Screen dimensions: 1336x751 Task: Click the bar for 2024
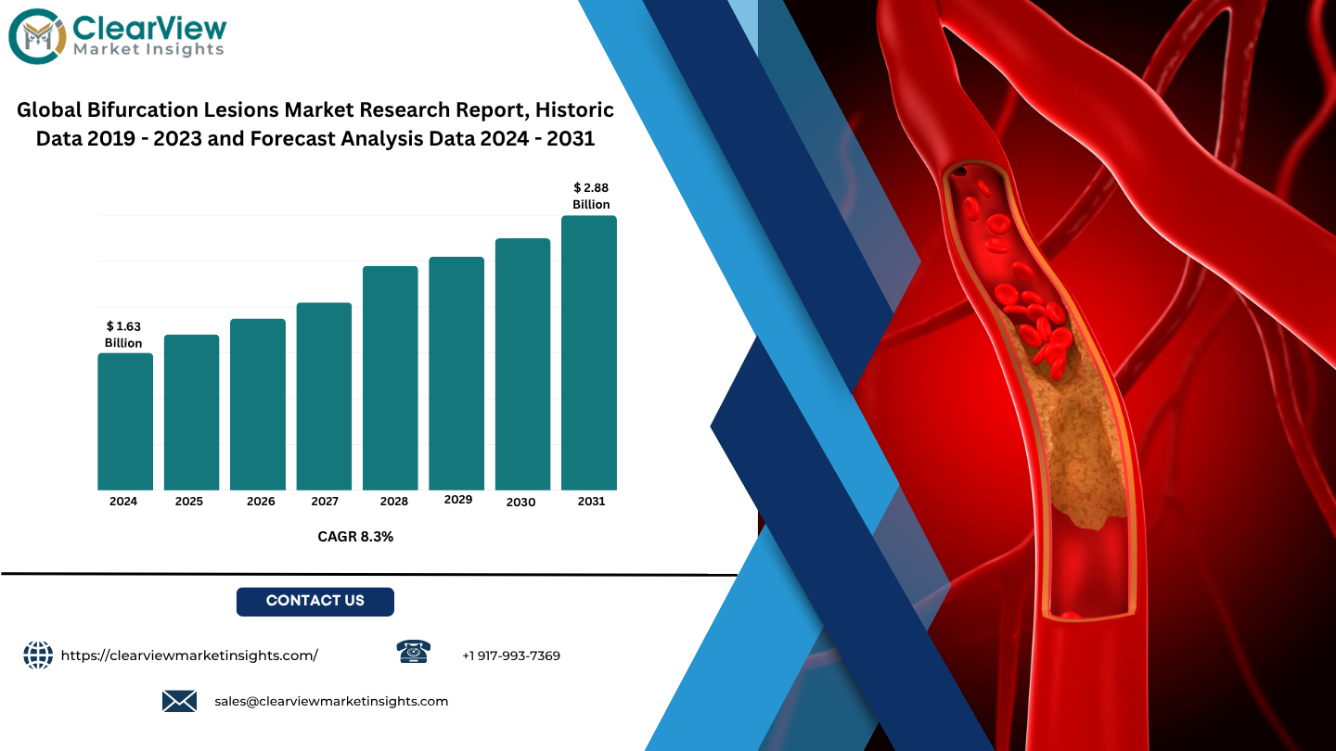tap(125, 421)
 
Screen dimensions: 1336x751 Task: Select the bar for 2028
tap(390, 378)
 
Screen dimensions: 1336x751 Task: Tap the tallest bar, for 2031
tap(588, 353)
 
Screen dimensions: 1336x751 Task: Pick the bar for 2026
tap(258, 404)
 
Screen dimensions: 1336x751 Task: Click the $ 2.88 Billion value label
tap(591, 197)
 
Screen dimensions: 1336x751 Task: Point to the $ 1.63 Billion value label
tap(123, 335)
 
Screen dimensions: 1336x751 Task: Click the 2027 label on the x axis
tap(325, 502)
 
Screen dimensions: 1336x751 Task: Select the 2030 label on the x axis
tap(520, 503)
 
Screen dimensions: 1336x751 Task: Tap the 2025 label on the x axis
tap(189, 502)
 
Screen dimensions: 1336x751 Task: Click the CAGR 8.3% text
tap(355, 537)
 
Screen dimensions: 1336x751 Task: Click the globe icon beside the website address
tap(38, 655)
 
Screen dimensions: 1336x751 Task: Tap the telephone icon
tap(414, 652)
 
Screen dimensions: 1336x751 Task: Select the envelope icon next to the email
tap(180, 701)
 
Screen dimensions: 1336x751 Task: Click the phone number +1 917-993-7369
tap(511, 656)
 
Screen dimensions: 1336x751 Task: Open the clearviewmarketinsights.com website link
tap(189, 656)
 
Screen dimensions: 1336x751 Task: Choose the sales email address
tap(331, 702)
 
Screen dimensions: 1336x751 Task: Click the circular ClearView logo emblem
tap(37, 36)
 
